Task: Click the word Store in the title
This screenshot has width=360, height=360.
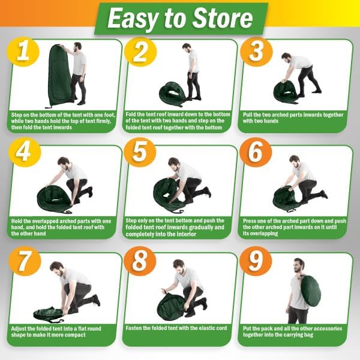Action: pyautogui.click(x=222, y=19)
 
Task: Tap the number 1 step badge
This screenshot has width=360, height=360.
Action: pyautogui.click(x=23, y=52)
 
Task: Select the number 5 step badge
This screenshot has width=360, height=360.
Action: pyautogui.click(x=140, y=152)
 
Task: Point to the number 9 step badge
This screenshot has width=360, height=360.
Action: pyautogui.click(x=256, y=261)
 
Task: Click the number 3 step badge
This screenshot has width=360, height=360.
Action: pyautogui.click(x=256, y=52)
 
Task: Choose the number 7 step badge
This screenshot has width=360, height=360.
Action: pyautogui.click(x=25, y=260)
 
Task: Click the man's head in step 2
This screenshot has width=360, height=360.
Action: pyautogui.click(x=187, y=49)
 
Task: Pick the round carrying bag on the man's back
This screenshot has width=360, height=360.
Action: pyautogui.click(x=310, y=291)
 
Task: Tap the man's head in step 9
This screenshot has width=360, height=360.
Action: pyautogui.click(x=299, y=265)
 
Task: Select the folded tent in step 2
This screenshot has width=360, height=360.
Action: pyautogui.click(x=172, y=94)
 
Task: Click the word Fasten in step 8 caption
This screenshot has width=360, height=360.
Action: pyautogui.click(x=133, y=328)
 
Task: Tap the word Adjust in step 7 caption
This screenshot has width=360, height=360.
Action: pyautogui.click(x=19, y=329)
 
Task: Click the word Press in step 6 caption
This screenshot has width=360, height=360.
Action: pyautogui.click(x=250, y=221)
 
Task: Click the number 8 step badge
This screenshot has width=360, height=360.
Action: pyautogui.click(x=140, y=261)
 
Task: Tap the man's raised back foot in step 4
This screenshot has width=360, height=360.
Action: pyautogui.click(x=90, y=191)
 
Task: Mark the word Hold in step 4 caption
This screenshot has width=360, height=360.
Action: pyautogui.click(x=17, y=221)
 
